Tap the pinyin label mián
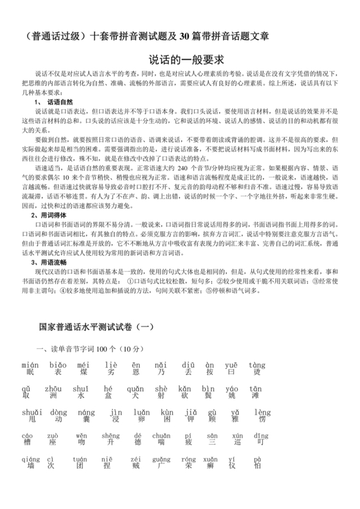point(30,364)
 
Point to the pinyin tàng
point(256,364)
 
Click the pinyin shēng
point(111,436)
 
